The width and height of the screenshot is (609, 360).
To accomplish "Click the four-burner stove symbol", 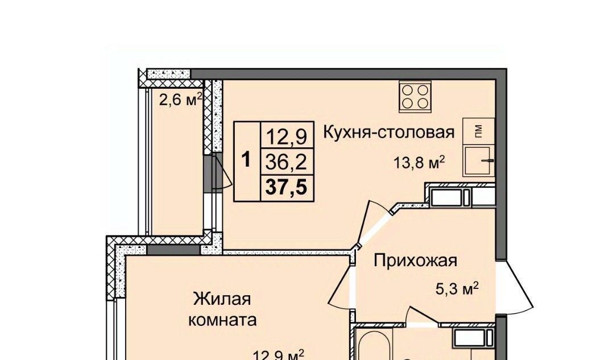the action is point(415,97).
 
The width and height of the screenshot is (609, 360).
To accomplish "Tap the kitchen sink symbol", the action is point(478,161).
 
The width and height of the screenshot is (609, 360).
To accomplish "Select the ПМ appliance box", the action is point(478,131).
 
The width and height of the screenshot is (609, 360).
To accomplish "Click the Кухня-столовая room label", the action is point(389,132).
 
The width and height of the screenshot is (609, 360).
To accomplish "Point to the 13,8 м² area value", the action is point(419,163).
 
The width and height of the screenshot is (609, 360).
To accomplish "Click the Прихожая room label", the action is point(415,260).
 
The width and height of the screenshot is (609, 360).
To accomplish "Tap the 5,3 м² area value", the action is point(457,289).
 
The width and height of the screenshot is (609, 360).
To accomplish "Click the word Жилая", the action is point(222,299).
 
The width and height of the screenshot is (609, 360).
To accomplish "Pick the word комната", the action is point(222,320).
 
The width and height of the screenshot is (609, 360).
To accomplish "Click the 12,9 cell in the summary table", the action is point(287,135).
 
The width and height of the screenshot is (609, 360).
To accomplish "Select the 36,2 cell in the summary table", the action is point(287,162).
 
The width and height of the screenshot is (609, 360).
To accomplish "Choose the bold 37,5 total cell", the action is point(287,188).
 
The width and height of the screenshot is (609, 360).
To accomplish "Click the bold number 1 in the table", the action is point(246,160).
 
